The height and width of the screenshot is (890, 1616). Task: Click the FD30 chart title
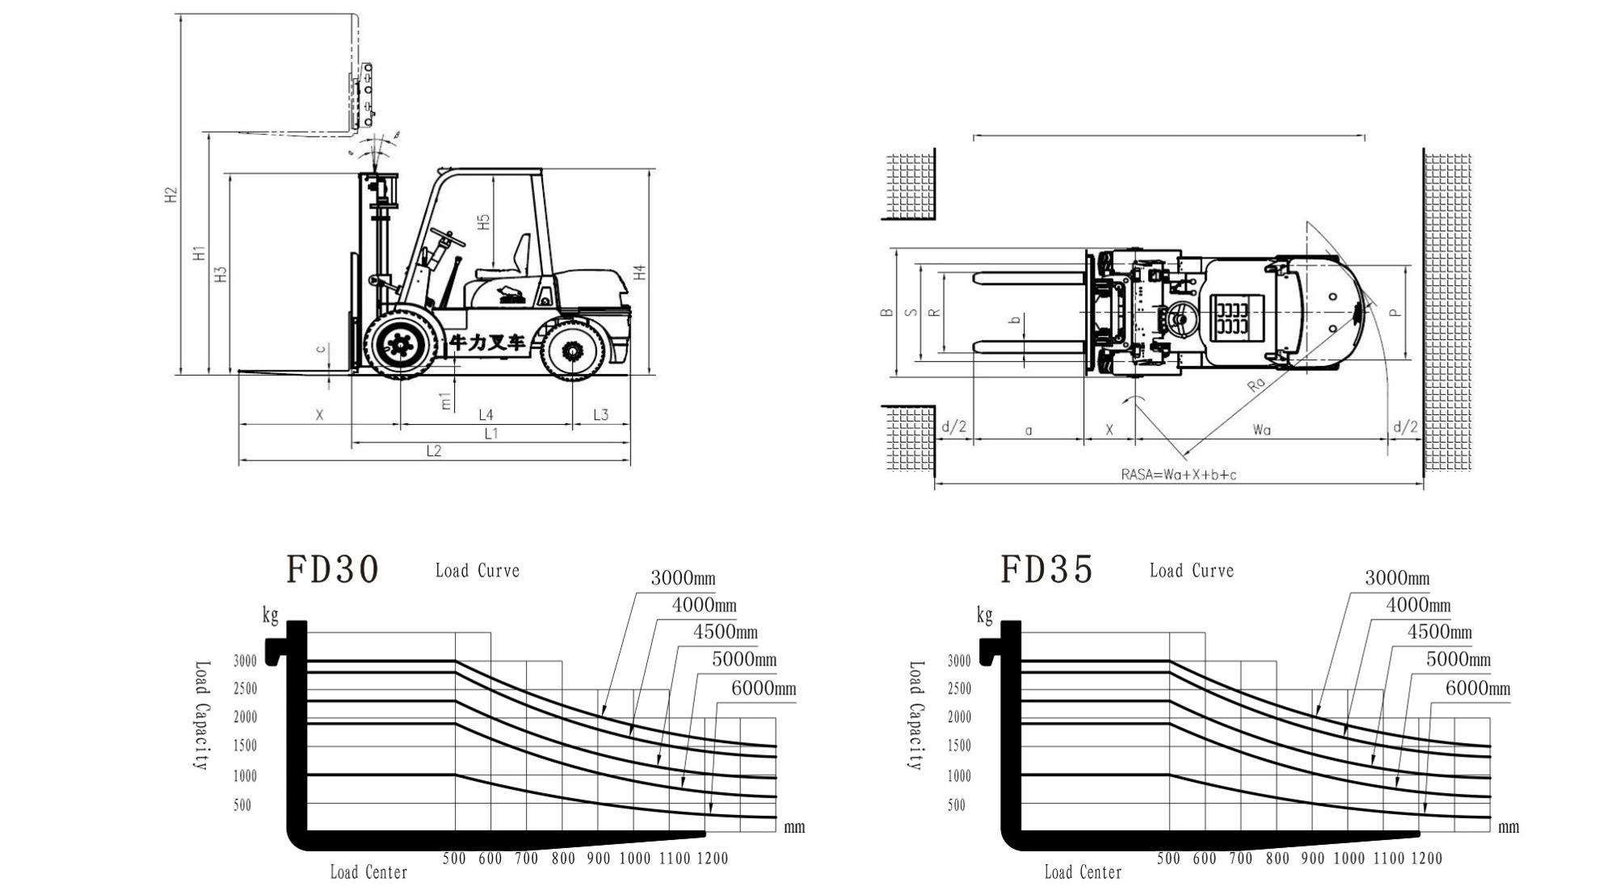point(332,569)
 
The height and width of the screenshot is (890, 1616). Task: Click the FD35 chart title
point(1046,569)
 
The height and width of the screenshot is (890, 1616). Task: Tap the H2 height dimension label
point(170,195)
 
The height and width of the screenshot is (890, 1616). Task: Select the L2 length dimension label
point(434,451)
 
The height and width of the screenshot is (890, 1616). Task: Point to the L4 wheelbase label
point(486,415)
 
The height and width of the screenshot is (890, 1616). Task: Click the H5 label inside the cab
point(484,222)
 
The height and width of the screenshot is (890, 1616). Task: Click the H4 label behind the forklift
point(640,272)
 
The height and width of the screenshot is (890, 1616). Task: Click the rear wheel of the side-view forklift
point(573,351)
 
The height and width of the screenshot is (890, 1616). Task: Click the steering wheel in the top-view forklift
point(1180,317)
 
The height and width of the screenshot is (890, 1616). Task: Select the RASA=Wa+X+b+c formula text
point(1178,475)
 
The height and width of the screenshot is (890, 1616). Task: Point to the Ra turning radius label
point(1256,384)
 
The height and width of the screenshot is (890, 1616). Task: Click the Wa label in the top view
point(1261,430)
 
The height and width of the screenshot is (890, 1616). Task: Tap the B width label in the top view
point(886,312)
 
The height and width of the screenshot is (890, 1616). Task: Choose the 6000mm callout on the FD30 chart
point(763,689)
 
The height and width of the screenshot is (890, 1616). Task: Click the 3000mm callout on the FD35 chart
point(1397,578)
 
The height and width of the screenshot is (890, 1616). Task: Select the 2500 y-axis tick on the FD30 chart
point(245,689)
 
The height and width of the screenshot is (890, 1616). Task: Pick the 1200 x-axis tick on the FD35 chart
point(1426,858)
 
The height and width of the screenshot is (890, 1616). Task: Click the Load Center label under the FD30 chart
point(368,872)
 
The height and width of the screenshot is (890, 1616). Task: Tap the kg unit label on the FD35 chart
point(984,616)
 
